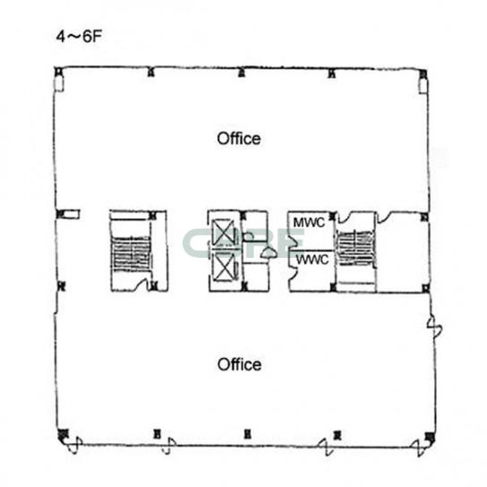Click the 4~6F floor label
pyautogui.click(x=79, y=37)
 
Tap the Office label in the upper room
pyautogui.click(x=239, y=139)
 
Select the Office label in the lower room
pyautogui.click(x=239, y=364)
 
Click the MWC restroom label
pyautogui.click(x=309, y=222)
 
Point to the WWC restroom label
pyautogui.click(x=312, y=259)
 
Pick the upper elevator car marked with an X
pyautogui.click(x=224, y=232)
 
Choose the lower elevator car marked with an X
pyautogui.click(x=224, y=266)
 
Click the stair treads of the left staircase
pyautogui.click(x=131, y=253)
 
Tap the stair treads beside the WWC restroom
pyautogui.click(x=356, y=248)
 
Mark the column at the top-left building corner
pyautogui.click(x=58, y=72)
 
